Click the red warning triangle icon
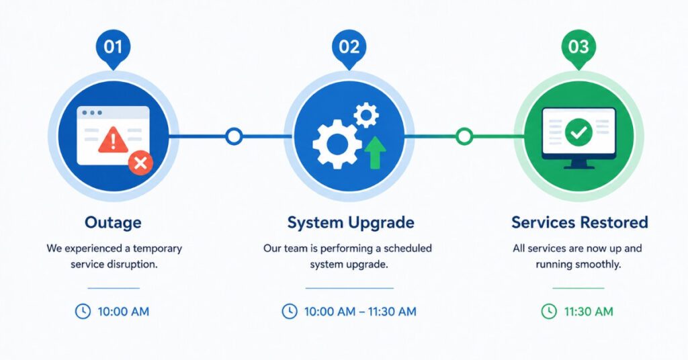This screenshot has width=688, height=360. tap(113, 140)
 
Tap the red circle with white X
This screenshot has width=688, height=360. tap(140, 163)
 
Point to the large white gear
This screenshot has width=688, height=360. tap(337, 144)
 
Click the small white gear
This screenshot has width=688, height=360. tap(366, 116)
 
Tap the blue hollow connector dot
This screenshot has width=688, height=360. tap(234, 136)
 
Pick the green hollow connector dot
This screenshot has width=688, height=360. tap(464, 136)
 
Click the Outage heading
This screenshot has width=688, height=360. tap(113, 222)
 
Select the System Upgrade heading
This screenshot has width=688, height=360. tap(351, 223)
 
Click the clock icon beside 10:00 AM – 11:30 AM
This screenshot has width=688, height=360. tap(290, 312)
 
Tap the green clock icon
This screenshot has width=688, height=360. tap(549, 312)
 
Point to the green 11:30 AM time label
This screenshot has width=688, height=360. tap(589, 312)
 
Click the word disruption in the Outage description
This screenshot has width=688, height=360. tap(134, 265)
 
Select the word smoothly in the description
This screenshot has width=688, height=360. tap(598, 265)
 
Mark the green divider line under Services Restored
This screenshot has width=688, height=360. tap(578, 288)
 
